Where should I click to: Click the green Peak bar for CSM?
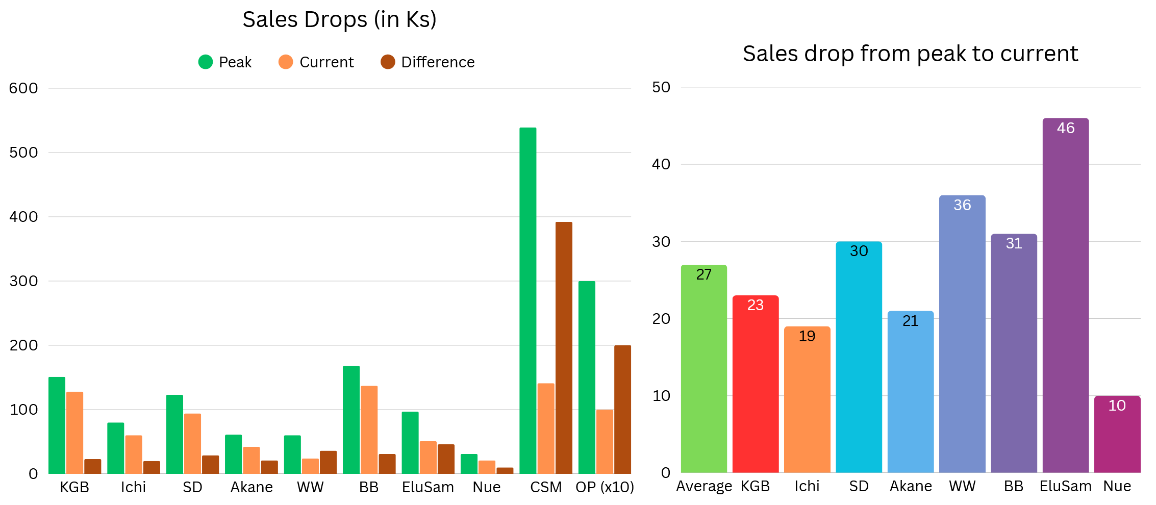click(527, 300)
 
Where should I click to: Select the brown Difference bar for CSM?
click(564, 347)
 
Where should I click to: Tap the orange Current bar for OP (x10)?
click(605, 441)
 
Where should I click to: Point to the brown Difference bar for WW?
click(328, 462)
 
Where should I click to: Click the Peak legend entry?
click(225, 62)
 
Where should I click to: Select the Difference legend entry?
click(428, 62)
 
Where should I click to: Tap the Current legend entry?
click(316, 62)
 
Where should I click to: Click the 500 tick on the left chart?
click(23, 153)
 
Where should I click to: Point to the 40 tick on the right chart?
click(661, 164)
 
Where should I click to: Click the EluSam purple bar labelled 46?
click(1065, 295)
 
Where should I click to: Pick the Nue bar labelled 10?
click(1117, 434)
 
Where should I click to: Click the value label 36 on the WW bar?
click(962, 205)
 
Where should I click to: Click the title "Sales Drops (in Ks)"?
click(339, 20)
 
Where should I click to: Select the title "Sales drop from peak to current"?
click(910, 54)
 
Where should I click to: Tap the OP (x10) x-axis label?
click(605, 487)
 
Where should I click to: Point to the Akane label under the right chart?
click(911, 486)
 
